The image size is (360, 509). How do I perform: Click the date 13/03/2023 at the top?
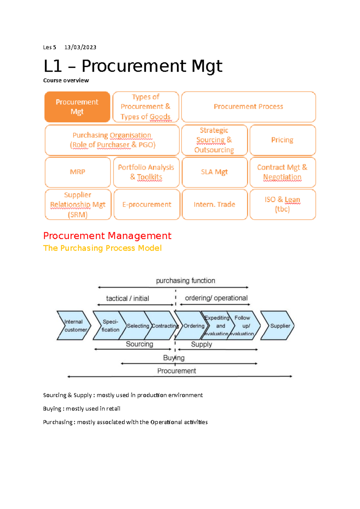[x=80, y=47]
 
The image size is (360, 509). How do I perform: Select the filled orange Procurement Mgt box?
[x=77, y=107]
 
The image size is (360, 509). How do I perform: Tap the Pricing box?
[x=282, y=140]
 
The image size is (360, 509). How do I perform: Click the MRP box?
[x=77, y=172]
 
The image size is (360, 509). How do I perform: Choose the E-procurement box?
[x=147, y=204]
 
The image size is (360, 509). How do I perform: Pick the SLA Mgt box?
[x=214, y=172]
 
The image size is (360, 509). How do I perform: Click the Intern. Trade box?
[x=214, y=204]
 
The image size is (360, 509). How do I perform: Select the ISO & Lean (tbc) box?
[x=282, y=204]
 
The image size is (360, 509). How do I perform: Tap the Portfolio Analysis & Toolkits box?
[x=146, y=172]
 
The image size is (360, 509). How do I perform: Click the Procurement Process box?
[x=248, y=107]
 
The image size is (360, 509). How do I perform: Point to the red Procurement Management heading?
[x=107, y=236]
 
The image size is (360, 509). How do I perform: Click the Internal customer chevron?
[x=73, y=326]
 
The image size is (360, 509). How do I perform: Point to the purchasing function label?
[x=185, y=281]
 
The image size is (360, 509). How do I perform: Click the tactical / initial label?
[x=127, y=299]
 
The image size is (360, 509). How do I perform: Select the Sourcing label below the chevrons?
[x=139, y=344]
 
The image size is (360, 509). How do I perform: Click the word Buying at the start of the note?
[x=52, y=409]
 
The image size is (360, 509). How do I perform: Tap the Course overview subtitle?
[x=66, y=80]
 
